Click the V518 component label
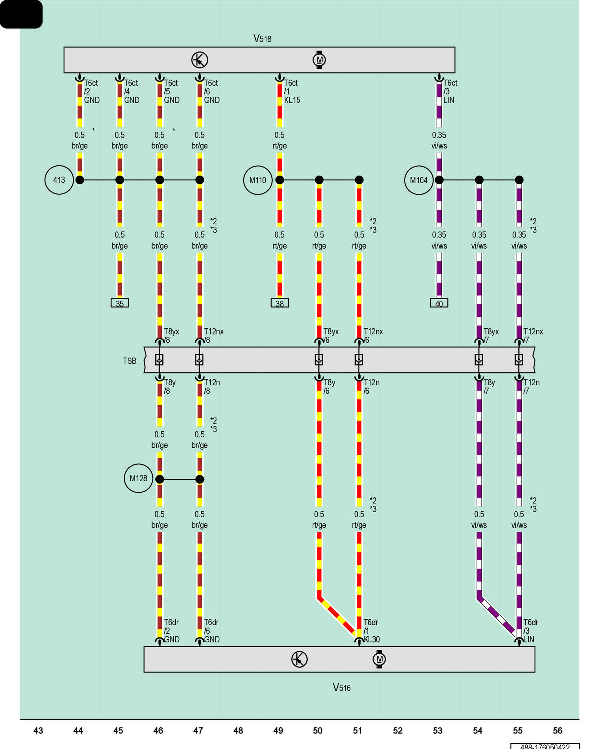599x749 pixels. coord(262,38)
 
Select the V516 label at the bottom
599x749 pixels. coord(341,687)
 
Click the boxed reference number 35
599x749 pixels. coord(119,303)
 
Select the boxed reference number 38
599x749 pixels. coord(279,303)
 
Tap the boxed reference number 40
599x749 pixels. coord(439,303)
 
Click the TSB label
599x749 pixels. coord(129,361)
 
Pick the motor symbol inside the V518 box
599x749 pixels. coord(319,60)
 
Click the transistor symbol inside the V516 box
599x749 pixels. coord(299,659)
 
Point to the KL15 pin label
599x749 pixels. coord(292,100)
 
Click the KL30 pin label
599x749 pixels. coord(372,639)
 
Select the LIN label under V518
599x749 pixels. coord(449,100)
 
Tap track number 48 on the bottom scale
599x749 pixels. coord(238,730)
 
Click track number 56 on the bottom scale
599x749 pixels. coord(557,730)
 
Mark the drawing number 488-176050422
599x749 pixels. coord(545,746)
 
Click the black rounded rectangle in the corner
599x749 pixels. coord(21,14)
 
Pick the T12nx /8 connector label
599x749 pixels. coord(213,335)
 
